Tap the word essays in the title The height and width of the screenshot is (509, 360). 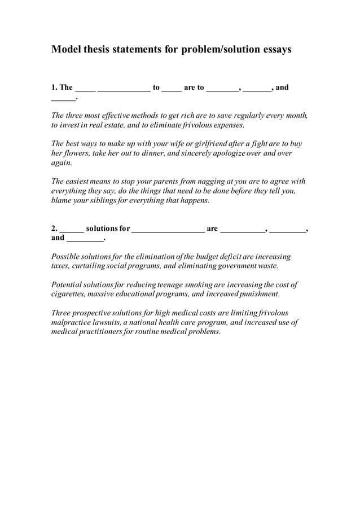[276, 50]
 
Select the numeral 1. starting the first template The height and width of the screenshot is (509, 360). [54, 87]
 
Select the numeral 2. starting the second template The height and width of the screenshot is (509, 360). [54, 229]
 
